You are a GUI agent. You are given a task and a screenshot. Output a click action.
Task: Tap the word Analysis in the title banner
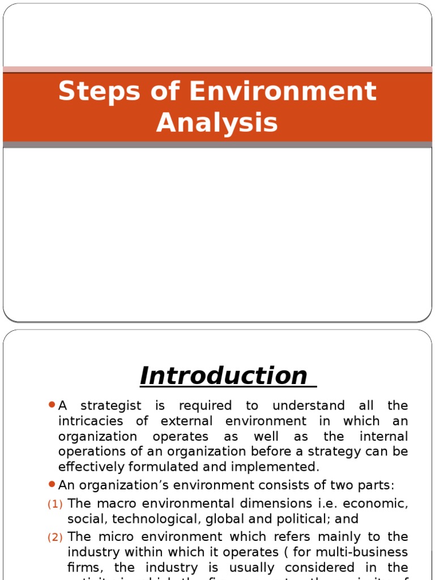217,122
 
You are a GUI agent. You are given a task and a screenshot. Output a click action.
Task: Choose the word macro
119,504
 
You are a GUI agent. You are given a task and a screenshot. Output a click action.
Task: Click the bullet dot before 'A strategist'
52,405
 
